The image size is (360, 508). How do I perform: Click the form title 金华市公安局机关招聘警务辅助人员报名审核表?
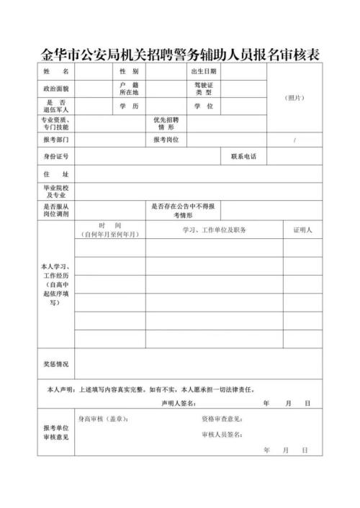[x=179, y=53]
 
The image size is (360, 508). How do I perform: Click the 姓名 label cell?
[x=55, y=72]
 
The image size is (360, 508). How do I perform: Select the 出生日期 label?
[x=203, y=72]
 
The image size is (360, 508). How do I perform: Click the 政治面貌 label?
[x=55, y=89]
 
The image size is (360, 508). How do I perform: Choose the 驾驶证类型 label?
[x=204, y=89]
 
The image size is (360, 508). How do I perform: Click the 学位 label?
[x=204, y=106]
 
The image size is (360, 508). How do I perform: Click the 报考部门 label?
[x=55, y=139]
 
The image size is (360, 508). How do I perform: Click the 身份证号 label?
[x=55, y=156]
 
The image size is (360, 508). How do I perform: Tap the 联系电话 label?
[x=243, y=156]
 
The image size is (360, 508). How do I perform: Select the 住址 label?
[x=55, y=174]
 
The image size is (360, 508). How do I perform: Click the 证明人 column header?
[x=302, y=230]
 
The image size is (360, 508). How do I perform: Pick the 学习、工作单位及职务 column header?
[x=215, y=230]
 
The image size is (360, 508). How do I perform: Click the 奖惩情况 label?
[x=55, y=364]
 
